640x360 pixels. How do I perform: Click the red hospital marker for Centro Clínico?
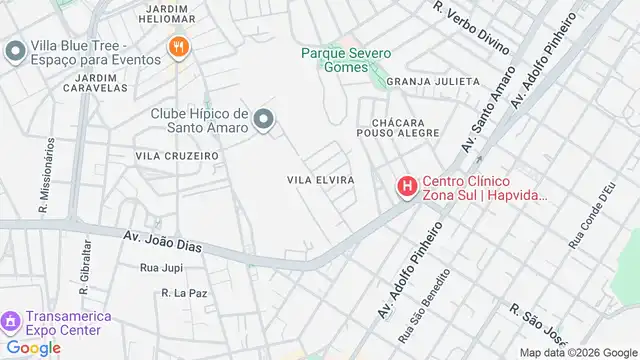coord(407,186)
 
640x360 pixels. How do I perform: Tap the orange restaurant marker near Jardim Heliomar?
coord(179,47)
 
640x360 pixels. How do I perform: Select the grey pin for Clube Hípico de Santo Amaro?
coord(264,121)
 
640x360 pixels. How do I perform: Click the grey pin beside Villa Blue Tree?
coord(15,50)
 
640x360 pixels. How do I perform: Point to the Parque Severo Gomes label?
coord(347,59)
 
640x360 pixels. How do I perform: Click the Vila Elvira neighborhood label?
coord(321,179)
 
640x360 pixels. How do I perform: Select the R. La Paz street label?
coord(183,293)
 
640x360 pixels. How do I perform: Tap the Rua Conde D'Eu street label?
coord(592,217)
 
